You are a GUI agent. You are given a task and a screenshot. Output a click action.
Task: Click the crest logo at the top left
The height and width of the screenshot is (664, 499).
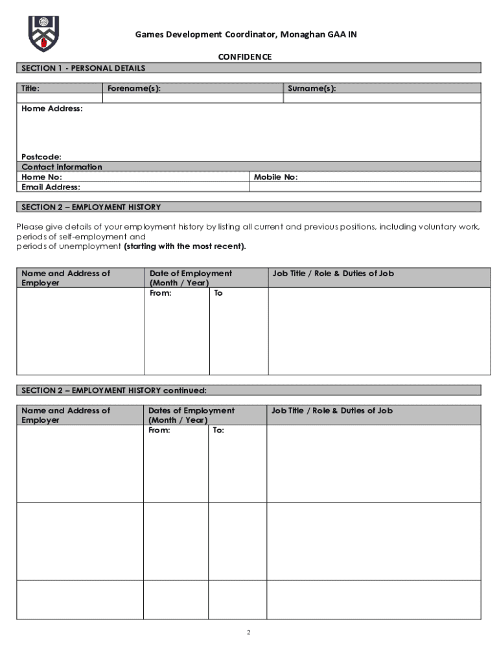point(43,34)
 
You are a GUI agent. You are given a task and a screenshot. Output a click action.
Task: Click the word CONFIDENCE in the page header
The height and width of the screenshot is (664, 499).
point(244,57)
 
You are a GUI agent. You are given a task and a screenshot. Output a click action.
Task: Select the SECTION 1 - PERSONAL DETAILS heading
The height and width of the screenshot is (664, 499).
point(84,68)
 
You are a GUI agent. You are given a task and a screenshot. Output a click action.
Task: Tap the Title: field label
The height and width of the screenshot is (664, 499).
point(30,88)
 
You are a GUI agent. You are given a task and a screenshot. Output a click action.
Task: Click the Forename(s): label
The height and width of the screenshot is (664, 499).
point(134,88)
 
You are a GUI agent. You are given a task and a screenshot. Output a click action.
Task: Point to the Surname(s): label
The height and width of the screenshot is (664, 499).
point(312,88)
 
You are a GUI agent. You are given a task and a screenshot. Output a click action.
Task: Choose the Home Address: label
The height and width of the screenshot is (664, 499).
point(52,108)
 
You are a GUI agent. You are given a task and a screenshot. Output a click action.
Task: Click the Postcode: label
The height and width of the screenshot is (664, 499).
point(41,157)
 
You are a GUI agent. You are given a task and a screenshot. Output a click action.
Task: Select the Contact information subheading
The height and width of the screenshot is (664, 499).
point(62,167)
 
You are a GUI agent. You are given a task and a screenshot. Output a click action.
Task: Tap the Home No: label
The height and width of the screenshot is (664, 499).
point(41,177)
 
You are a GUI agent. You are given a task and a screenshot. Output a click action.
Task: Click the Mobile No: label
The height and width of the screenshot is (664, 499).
point(275,177)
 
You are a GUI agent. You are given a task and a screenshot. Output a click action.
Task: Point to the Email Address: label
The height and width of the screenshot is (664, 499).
point(51,187)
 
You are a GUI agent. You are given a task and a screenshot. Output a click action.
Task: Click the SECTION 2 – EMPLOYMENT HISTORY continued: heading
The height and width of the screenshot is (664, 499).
point(114,390)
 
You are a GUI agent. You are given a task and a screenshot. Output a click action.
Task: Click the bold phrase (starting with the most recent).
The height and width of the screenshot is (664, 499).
point(185,246)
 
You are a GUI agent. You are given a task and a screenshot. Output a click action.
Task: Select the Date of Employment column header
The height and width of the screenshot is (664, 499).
point(191,274)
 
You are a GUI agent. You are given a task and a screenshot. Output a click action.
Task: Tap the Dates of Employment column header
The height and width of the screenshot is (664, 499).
point(191,410)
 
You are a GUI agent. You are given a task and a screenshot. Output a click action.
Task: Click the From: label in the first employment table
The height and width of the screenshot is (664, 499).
point(160,293)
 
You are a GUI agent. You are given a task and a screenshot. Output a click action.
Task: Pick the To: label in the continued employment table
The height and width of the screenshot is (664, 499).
point(218,430)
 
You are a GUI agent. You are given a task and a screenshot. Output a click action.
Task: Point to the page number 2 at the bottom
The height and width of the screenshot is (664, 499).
point(248,633)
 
